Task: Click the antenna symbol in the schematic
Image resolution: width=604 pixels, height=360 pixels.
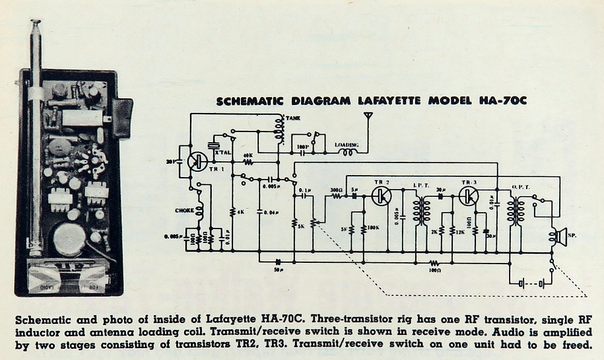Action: coord(367,120)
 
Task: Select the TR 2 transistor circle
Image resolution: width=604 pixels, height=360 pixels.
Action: coord(381,196)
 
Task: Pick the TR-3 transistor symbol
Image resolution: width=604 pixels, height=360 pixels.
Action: coord(469,196)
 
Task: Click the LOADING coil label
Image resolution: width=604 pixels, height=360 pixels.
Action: coord(347,144)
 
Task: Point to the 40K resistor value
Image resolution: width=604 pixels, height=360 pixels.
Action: coord(248,155)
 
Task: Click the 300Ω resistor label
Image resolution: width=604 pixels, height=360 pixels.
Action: coord(336,190)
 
